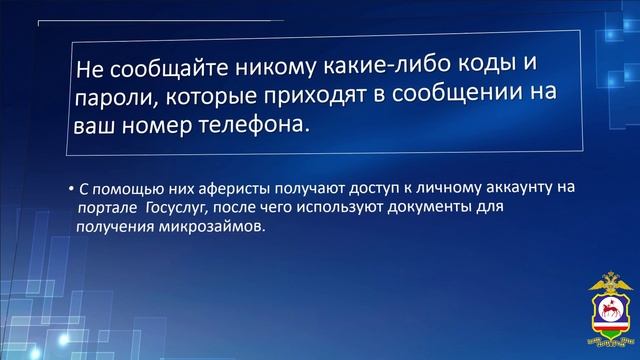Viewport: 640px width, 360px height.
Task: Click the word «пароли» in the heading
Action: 111,100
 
